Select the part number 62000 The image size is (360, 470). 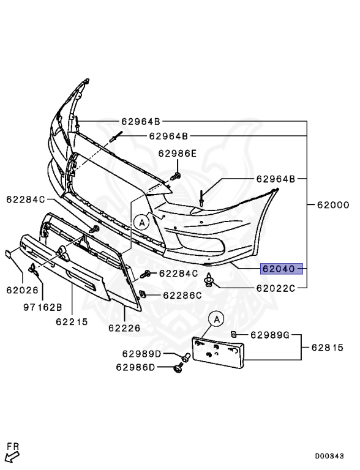click(x=333, y=205)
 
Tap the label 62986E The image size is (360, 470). click(x=177, y=154)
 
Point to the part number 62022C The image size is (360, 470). click(x=276, y=288)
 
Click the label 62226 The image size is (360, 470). click(x=124, y=328)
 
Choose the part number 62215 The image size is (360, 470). click(x=72, y=322)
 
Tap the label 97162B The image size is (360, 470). click(x=43, y=307)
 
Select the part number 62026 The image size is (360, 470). click(x=23, y=290)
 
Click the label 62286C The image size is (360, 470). click(x=182, y=296)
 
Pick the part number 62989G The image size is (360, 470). click(x=270, y=335)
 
